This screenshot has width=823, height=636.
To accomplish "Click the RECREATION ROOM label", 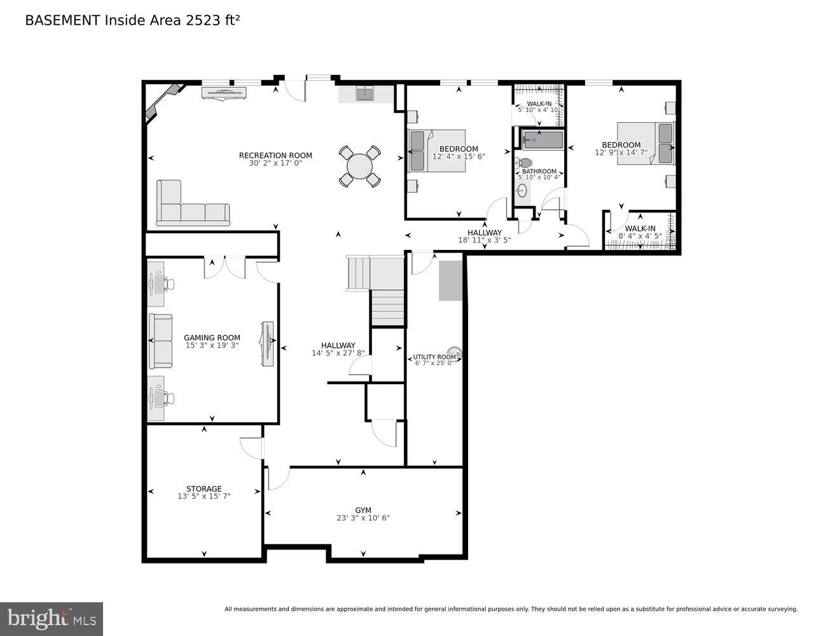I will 275,155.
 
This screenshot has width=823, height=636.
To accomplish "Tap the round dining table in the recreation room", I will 359,167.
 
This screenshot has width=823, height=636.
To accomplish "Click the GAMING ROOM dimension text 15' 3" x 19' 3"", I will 212,345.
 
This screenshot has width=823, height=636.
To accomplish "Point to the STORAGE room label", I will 204,488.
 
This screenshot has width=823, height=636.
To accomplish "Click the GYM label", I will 363,510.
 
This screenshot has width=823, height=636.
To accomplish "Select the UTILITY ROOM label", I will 434,357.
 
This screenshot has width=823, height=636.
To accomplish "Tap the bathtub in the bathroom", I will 542,140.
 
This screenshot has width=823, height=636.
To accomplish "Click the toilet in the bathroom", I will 524,163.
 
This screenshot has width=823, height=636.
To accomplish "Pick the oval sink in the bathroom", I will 522,191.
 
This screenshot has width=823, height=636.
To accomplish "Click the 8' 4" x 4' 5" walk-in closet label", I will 640,232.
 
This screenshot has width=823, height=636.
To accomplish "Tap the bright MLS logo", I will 52,618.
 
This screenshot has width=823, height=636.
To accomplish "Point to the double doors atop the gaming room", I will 225,267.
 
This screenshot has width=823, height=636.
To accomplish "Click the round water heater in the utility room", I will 454,352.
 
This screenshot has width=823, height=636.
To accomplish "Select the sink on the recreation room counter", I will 365,94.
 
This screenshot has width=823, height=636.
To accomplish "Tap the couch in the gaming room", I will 160,342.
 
